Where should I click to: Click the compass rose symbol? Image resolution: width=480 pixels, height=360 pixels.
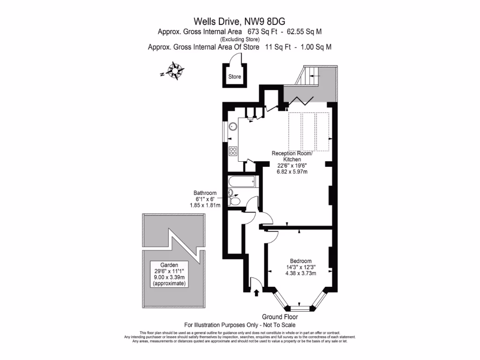pyautogui.click(x=175, y=71)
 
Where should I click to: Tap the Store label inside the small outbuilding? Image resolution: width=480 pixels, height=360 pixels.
pyautogui.click(x=234, y=77)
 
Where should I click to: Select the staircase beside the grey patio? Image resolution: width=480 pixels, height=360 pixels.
pyautogui.click(x=311, y=75)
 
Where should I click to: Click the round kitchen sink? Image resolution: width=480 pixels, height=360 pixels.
pyautogui.click(x=232, y=127)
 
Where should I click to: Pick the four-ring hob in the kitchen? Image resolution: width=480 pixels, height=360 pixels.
pyautogui.click(x=232, y=150)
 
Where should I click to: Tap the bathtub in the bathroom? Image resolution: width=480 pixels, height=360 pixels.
pyautogui.click(x=241, y=182)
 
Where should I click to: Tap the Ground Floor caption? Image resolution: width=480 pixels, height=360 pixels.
pyautogui.click(x=281, y=317)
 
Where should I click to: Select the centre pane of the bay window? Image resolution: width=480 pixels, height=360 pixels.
pyautogui.click(x=300, y=308)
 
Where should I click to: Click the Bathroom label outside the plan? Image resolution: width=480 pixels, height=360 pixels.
pyautogui.click(x=205, y=193)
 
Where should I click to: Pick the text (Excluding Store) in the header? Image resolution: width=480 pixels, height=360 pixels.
pyautogui.click(x=240, y=39)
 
